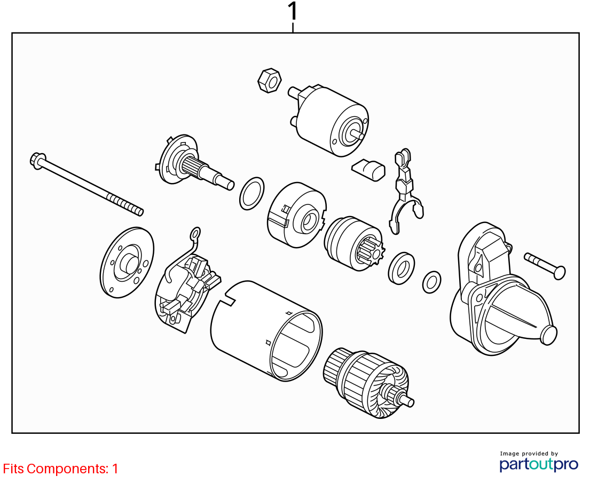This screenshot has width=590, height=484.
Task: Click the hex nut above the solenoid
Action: (x=270, y=81)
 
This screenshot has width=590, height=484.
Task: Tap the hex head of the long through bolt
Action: (x=37, y=161)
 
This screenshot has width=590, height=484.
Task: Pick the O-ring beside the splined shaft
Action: (x=251, y=193)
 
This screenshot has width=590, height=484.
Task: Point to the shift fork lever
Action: (x=405, y=191)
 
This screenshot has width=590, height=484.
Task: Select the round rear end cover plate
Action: (x=127, y=262)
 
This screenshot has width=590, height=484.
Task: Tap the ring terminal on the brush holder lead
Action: (x=195, y=235)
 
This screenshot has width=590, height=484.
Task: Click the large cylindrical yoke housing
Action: (x=266, y=330)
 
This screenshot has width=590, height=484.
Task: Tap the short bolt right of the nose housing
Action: (x=545, y=266)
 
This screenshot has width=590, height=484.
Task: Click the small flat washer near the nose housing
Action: (x=431, y=282)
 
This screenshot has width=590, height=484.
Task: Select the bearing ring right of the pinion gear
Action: (x=402, y=268)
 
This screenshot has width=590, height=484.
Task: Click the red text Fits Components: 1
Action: (x=60, y=469)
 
